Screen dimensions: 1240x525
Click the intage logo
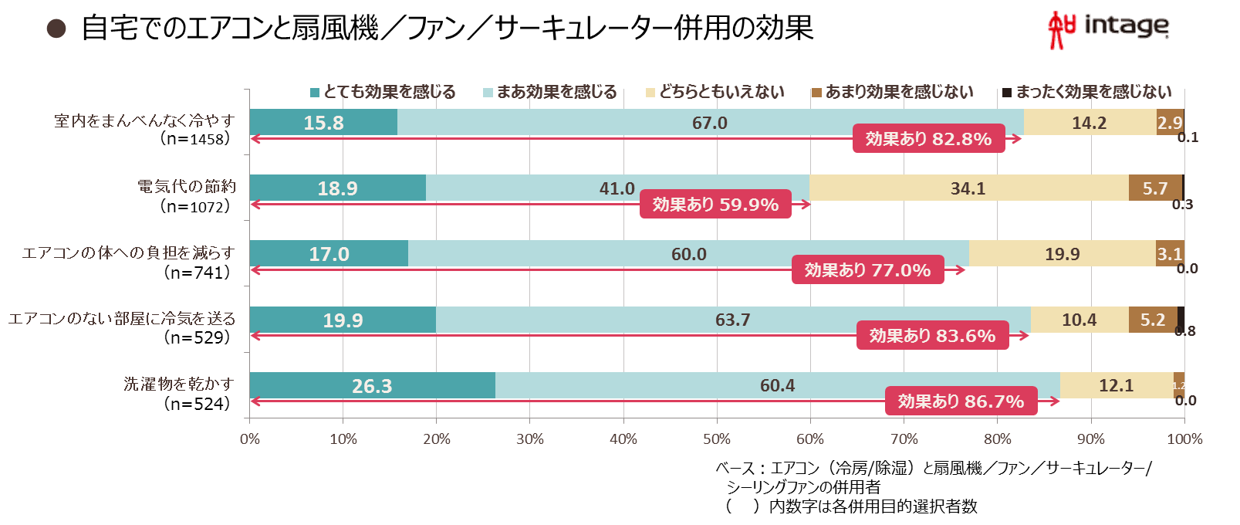click(1108, 29)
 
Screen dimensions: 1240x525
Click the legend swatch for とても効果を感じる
click(314, 93)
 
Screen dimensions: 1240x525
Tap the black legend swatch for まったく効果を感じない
click(1007, 93)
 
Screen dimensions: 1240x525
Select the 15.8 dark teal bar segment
click(323, 122)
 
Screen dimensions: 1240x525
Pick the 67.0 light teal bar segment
click(710, 122)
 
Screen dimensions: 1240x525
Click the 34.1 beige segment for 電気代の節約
click(968, 188)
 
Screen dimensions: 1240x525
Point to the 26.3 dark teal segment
click(373, 385)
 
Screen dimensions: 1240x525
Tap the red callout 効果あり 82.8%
click(928, 138)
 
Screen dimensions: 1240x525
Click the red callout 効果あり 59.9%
click(715, 205)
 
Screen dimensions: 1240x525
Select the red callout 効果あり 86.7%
click(961, 401)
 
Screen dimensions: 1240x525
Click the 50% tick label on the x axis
click(717, 439)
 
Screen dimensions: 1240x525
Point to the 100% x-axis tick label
click(1184, 439)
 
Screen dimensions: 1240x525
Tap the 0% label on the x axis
click(250, 439)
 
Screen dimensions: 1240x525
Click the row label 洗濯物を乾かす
click(179, 384)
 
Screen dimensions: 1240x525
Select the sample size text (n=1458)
click(195, 138)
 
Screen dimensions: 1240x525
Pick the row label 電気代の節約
click(187, 186)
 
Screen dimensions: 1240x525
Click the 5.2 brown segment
click(1153, 320)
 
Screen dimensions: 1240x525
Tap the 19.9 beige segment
click(1063, 254)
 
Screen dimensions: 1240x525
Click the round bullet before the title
click(56, 29)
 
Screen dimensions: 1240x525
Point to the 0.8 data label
click(1185, 331)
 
